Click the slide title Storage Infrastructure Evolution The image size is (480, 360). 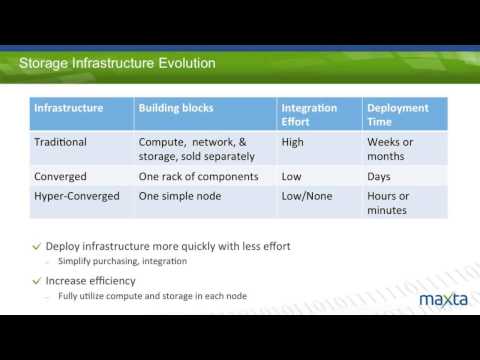click(x=117, y=64)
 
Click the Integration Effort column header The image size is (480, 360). click(x=309, y=114)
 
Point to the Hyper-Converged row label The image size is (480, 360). click(x=77, y=196)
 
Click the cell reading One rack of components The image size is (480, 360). click(x=198, y=176)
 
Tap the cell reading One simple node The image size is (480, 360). click(x=179, y=196)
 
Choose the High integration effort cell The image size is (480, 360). click(x=293, y=142)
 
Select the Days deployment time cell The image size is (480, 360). click(x=381, y=176)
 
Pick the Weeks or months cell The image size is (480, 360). click(x=390, y=149)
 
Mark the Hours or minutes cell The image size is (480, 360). click(x=388, y=203)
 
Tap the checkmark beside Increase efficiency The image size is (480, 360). click(x=37, y=281)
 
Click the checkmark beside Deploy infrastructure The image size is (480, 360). click(x=37, y=246)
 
